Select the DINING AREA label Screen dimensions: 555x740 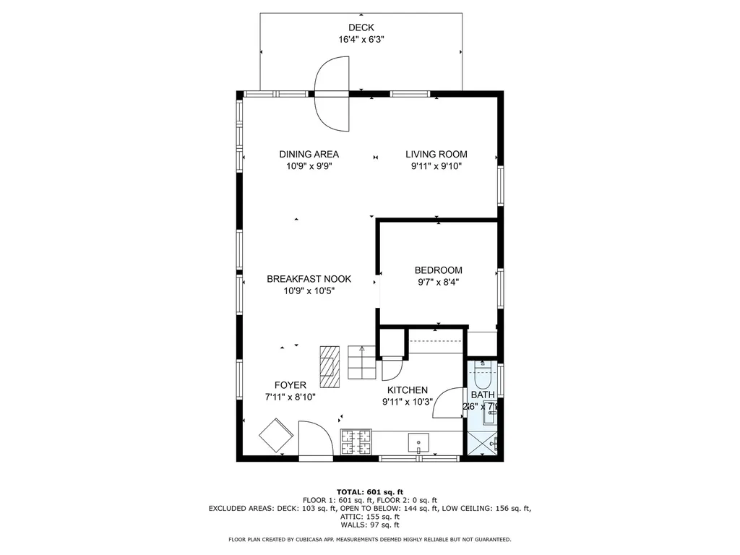coord(309,154)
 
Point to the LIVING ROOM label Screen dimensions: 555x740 coord(436,154)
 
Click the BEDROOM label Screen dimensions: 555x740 coord(438,270)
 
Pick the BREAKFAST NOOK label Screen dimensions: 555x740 coord(309,279)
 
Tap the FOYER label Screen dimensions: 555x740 coord(290,384)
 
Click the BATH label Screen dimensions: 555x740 coord(483,395)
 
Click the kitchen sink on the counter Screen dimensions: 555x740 coord(418,442)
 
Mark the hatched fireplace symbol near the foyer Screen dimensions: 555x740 coord(330,366)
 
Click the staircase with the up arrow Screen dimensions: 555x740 coord(361,361)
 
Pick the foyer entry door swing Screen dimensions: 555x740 coord(313,439)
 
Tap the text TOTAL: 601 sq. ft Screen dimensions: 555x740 coord(369,492)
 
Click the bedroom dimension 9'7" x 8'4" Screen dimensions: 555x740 coord(438,283)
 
